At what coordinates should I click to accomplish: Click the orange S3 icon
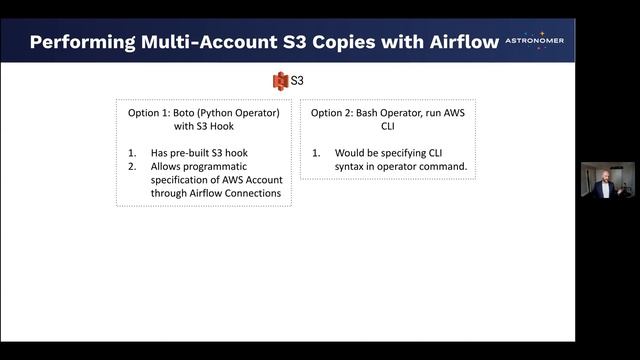coord(281,79)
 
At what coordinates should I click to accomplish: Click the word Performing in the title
coord(74,42)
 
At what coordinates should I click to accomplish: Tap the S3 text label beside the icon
coord(297,79)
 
